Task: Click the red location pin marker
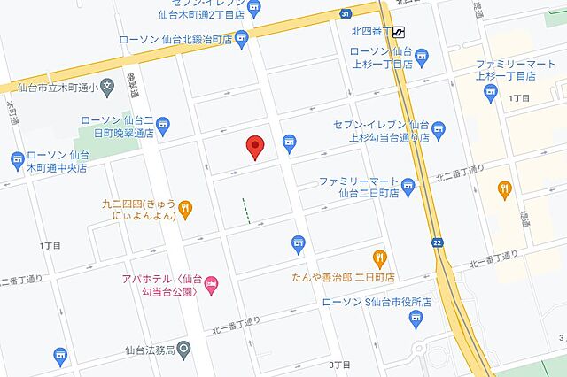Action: click(255, 148)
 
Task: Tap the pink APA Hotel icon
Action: click(212, 285)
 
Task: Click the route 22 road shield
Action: click(438, 243)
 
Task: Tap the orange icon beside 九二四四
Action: click(186, 209)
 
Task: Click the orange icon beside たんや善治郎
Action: click(379, 258)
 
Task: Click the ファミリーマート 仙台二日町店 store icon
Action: click(408, 185)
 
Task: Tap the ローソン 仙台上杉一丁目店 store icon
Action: click(422, 59)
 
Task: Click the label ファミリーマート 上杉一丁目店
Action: click(506, 72)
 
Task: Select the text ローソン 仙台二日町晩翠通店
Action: click(117, 126)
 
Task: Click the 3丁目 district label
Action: click(340, 365)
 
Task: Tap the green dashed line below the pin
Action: click(247, 211)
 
